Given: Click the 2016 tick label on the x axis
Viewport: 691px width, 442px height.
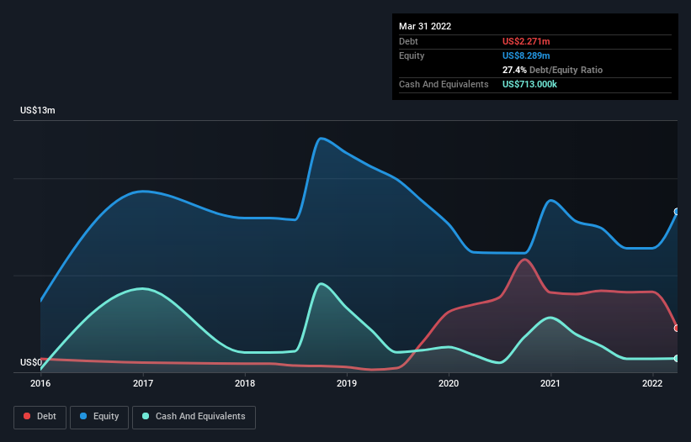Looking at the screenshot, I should [x=40, y=384].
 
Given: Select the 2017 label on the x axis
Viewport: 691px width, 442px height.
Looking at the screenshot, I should [x=143, y=384].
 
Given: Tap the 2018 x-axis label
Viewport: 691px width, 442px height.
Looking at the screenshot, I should [x=245, y=384].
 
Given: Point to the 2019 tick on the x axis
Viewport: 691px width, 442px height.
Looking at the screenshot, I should [x=347, y=384].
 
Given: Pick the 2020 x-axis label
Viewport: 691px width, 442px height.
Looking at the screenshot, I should [x=449, y=384].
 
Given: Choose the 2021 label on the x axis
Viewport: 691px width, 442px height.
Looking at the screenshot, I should [x=551, y=384].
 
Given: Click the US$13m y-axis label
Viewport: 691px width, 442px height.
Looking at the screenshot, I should [x=38, y=111].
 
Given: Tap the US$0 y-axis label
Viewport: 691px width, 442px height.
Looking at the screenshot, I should [x=32, y=363].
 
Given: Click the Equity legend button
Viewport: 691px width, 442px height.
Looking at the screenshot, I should [x=99, y=417].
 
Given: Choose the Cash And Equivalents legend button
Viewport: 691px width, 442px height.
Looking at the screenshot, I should [x=194, y=417].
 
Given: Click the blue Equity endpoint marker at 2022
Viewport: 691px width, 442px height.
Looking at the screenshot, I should [x=677, y=212].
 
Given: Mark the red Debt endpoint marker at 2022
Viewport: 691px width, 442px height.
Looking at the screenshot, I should [x=677, y=328].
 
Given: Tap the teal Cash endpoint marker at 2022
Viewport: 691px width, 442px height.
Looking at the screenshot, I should [x=677, y=359].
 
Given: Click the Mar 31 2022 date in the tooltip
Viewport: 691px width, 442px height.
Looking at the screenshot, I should [x=425, y=26].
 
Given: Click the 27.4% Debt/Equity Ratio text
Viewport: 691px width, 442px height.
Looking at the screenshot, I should [x=552, y=70].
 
